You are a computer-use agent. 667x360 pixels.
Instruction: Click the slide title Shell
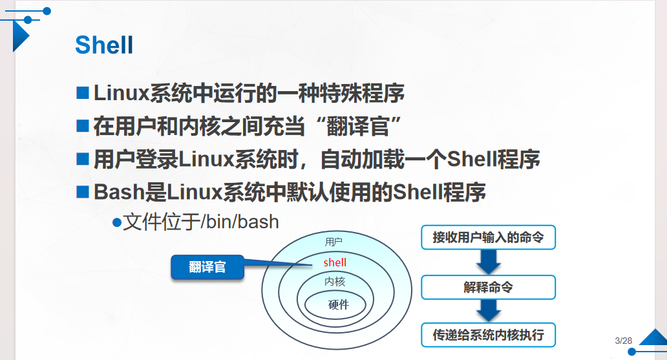pos(104,45)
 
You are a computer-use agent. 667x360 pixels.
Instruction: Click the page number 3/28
pos(623,341)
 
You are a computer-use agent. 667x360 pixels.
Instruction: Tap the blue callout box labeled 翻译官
pos(207,268)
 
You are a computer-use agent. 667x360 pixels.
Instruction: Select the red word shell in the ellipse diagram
pos(335,262)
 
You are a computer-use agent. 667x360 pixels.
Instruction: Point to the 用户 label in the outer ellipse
pos(333,242)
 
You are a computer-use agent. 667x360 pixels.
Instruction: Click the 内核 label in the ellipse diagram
pos(335,282)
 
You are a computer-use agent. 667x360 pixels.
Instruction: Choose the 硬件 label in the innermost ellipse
pos(338,304)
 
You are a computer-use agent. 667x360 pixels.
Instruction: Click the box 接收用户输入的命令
pos(488,238)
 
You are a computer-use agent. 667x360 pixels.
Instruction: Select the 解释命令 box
pos(488,288)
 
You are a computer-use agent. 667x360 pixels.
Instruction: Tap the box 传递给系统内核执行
pos(488,335)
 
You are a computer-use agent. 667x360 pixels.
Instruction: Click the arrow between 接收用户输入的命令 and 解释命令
pos(489,262)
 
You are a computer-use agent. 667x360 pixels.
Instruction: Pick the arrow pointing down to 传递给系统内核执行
pos(489,311)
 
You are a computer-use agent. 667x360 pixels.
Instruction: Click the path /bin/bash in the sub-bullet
pos(240,222)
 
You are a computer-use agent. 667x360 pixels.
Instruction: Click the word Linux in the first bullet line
pos(121,93)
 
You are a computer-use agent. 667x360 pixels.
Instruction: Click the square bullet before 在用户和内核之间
pos(82,125)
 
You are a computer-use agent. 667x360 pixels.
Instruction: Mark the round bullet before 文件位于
pos(117,222)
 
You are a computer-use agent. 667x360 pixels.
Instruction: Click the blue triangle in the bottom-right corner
pos(654,338)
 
